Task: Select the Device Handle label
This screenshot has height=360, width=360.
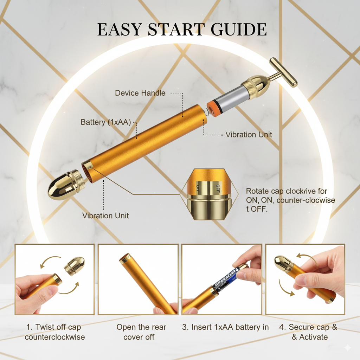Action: click(x=140, y=93)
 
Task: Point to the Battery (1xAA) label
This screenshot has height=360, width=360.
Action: click(x=105, y=122)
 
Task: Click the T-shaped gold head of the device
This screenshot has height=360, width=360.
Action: click(x=283, y=72)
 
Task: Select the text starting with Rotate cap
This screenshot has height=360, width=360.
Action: click(x=290, y=200)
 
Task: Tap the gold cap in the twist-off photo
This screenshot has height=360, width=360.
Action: click(x=75, y=266)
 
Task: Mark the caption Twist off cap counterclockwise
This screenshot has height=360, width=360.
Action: click(x=54, y=332)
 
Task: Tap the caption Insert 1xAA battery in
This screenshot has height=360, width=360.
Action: click(x=225, y=327)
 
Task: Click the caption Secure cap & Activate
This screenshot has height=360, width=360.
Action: click(x=308, y=332)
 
